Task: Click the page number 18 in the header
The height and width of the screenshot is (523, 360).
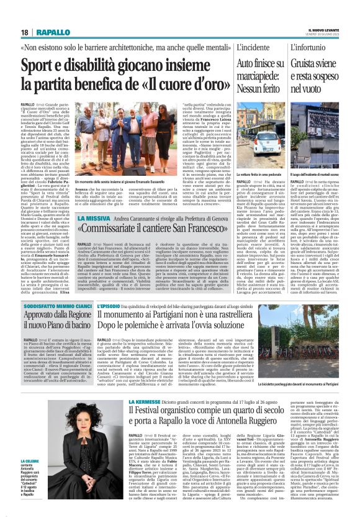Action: pyautogui.click(x=25, y=32)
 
